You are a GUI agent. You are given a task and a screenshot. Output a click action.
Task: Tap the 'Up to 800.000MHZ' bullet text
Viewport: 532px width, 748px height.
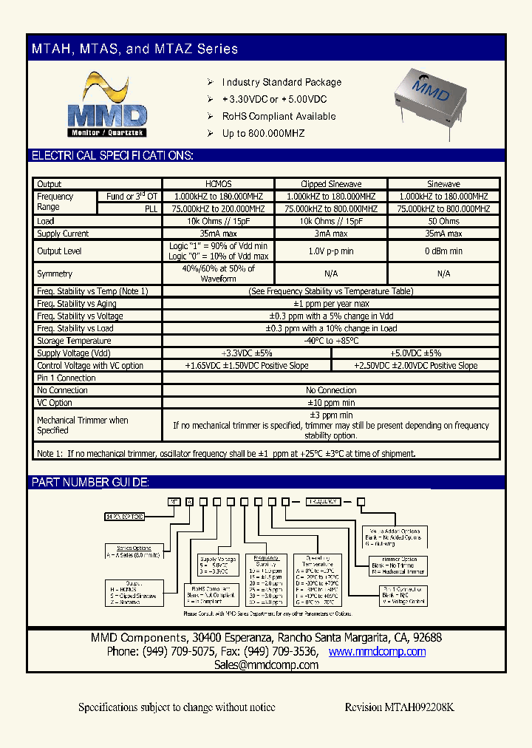263,133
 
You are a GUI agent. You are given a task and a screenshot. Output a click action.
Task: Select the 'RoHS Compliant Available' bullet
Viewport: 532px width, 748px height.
279,116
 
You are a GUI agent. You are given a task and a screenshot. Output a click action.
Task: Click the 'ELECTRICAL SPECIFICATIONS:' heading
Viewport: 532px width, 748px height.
112,155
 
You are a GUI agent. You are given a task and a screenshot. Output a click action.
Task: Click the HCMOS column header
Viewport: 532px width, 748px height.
218,184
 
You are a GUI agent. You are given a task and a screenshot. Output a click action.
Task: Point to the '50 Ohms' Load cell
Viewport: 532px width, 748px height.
443,221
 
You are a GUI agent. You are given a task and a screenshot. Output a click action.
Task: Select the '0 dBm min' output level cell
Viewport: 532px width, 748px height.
443,251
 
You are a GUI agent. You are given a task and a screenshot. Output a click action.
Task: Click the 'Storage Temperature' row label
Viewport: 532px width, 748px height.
74,341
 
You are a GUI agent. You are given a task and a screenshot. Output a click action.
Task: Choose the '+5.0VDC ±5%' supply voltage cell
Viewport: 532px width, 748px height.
415,353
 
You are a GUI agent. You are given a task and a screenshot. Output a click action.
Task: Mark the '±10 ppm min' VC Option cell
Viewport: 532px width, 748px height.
331,403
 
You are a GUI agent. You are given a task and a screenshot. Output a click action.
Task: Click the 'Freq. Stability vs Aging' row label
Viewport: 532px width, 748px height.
77,304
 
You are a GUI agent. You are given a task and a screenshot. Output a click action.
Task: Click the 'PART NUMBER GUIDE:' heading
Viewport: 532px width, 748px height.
90,483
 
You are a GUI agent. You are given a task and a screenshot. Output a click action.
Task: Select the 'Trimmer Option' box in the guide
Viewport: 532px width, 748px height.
400,565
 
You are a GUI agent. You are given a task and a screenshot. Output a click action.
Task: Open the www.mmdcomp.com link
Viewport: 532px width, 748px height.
377,651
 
